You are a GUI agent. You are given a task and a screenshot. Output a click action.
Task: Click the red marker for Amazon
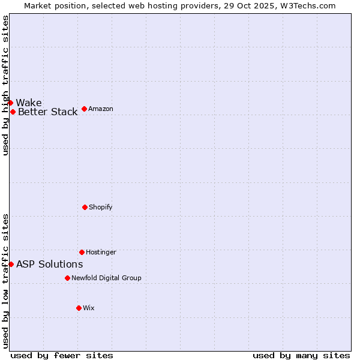pos(84,109)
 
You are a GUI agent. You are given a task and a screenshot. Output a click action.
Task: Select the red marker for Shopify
pos(85,207)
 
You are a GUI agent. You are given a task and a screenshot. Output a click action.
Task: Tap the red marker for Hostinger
pos(82,252)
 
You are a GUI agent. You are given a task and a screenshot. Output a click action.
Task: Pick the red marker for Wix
pos(79,308)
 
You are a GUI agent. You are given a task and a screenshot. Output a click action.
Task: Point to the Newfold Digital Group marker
pos(67,278)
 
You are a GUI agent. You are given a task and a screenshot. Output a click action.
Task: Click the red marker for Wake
pos(10,103)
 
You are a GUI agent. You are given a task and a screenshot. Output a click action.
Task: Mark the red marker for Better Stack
pos(13,112)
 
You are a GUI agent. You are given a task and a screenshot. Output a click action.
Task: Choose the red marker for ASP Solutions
pos(11,264)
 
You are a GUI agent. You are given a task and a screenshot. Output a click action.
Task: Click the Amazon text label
pos(101,109)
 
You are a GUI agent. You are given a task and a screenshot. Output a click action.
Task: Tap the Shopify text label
pos(100,207)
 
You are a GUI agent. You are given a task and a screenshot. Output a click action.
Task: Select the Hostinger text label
pos(101,252)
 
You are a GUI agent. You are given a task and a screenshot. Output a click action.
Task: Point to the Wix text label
pos(89,308)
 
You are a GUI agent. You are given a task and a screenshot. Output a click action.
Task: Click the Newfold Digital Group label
pos(106,278)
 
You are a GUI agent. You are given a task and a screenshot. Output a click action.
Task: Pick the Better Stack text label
pos(47,112)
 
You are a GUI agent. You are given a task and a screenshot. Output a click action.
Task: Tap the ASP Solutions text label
pos(49,264)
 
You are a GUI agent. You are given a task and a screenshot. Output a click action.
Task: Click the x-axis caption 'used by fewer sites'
pos(62,355)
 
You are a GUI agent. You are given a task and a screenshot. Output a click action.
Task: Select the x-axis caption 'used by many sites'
pos(301,355)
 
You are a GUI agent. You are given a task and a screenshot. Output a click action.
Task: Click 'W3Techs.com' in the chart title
pos(306,5)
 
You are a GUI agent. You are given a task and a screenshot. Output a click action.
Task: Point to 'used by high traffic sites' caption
pos(5,85)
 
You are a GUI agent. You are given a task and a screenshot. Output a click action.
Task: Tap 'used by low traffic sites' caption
pos(5,280)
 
